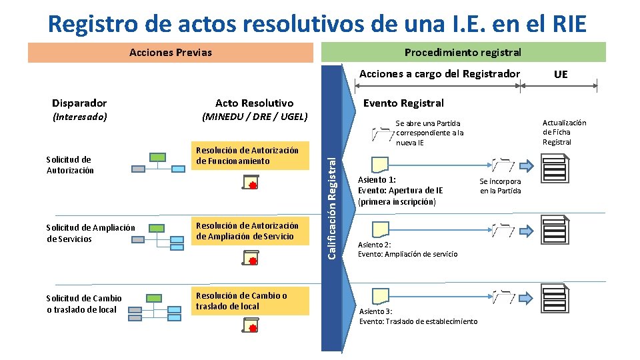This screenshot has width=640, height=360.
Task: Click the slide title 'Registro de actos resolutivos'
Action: coord(317,23)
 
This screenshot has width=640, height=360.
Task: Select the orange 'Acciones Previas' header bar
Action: coord(171,52)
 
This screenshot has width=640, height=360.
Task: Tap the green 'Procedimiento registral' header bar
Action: coord(463,52)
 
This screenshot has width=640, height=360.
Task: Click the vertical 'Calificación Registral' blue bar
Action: coord(331,207)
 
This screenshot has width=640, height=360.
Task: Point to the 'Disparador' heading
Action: coord(79,103)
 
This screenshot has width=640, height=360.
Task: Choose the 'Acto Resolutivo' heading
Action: coord(254,103)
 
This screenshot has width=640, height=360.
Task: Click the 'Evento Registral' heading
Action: coord(403,103)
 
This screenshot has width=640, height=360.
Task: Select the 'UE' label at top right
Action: coord(561,74)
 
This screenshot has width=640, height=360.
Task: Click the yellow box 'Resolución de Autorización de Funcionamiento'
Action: coord(251,156)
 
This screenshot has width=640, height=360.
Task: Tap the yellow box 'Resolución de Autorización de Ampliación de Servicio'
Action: coord(251,231)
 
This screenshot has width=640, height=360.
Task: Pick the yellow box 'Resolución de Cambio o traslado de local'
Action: coord(251,301)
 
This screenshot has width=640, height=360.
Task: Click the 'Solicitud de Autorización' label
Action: coord(70,165)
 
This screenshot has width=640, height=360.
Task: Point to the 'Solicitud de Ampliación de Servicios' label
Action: coord(91,233)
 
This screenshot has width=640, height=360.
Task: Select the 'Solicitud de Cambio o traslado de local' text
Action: coord(84,304)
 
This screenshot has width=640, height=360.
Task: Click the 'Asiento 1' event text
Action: coord(400,190)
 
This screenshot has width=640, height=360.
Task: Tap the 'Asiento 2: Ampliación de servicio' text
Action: coord(407,249)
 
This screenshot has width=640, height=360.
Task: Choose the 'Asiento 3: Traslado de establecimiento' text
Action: coord(418,317)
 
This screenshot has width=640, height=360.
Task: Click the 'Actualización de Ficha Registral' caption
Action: coord(564,132)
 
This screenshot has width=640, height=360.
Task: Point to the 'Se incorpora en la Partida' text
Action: coord(500,186)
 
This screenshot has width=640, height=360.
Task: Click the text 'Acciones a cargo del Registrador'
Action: coord(439,74)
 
